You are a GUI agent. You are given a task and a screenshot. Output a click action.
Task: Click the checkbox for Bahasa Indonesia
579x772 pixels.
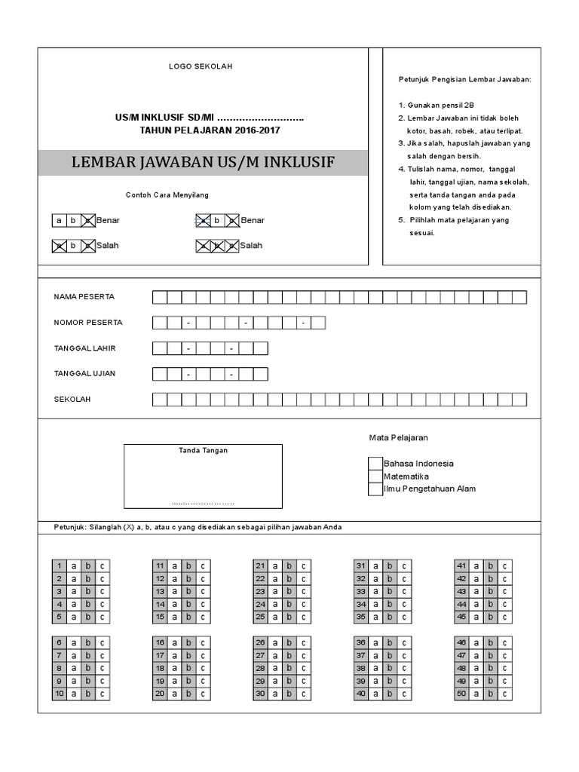pyautogui.click(x=375, y=464)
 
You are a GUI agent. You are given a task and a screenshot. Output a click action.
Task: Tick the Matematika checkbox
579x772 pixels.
pyautogui.click(x=375, y=476)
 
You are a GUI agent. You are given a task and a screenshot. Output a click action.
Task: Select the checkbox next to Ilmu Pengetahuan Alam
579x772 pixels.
pyautogui.click(x=375, y=489)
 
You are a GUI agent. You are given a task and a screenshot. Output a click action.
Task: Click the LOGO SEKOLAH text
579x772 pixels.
pyautogui.click(x=201, y=66)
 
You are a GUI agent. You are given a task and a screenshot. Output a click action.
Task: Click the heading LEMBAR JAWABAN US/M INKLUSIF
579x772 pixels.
pyautogui.click(x=203, y=163)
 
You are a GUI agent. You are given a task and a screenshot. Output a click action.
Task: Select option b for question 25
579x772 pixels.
pyautogui.click(x=289, y=617)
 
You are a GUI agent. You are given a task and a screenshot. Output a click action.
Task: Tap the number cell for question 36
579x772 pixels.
pyautogui.click(x=361, y=642)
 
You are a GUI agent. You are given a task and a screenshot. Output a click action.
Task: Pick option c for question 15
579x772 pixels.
pyautogui.click(x=203, y=617)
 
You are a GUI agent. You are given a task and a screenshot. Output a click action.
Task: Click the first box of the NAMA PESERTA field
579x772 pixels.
pyautogui.click(x=160, y=297)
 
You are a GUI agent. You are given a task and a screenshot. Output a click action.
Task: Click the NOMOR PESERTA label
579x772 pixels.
pyautogui.click(x=88, y=323)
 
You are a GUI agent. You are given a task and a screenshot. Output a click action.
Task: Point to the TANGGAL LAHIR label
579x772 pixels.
pyautogui.click(x=84, y=348)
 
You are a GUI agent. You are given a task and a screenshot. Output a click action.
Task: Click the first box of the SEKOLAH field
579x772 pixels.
pyautogui.click(x=160, y=400)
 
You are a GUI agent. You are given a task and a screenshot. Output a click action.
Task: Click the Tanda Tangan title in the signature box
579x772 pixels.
pyautogui.click(x=203, y=451)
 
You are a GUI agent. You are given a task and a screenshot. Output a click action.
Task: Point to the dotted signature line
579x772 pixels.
pyautogui.click(x=203, y=503)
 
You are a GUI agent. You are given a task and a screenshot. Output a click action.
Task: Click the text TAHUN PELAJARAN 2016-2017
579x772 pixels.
pyautogui.click(x=213, y=130)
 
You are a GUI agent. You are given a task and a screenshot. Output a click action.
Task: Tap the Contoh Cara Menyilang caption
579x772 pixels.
pyautogui.click(x=167, y=195)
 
